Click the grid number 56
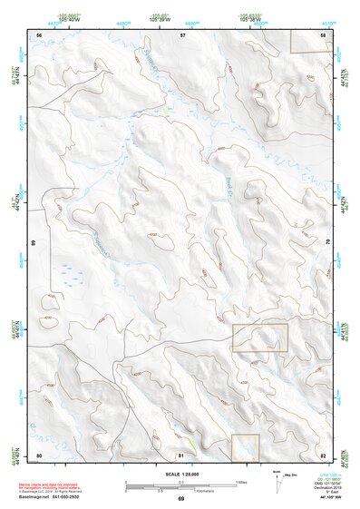tap(39, 34)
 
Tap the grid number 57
tap(182, 34)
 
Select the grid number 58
tap(324, 34)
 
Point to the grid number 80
tap(39, 454)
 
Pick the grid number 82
tap(323, 454)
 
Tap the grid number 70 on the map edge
tap(327, 243)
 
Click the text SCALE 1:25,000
tap(180, 473)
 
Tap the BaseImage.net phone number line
tap(51, 497)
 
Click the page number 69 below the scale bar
tap(180, 499)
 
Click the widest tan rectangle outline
tap(260, 338)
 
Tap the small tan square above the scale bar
tap(245, 445)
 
